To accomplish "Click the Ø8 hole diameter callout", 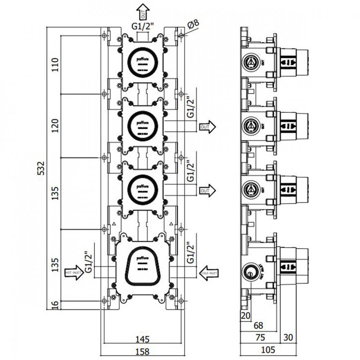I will point(193,26).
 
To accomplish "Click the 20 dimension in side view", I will point(245,315).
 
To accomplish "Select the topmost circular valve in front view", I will point(142,61).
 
